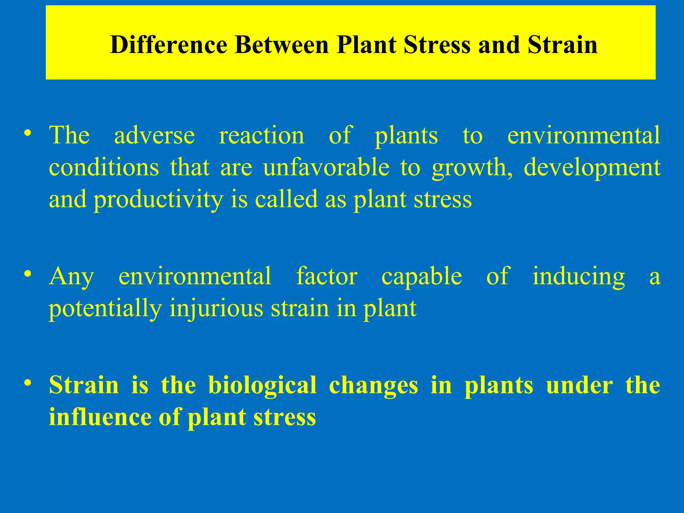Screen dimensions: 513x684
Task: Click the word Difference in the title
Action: [168, 45]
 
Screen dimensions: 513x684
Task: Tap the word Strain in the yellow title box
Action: [562, 45]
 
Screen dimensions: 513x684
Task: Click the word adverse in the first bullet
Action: [154, 135]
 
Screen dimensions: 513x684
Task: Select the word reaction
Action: [262, 135]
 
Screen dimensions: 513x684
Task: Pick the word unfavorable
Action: [326, 167]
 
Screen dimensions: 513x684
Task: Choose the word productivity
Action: [158, 200]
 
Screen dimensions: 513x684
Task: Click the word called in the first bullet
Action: [286, 199]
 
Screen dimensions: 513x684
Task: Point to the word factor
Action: [327, 276]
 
